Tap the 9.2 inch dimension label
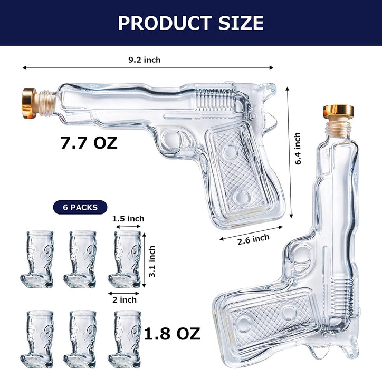pos(144,60)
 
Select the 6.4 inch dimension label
pos(298,149)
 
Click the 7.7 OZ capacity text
pos(89,143)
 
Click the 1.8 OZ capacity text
pos(172,333)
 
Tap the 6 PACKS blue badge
pos(80,207)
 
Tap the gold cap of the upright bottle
pos(338,111)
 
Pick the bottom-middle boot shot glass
pos(81,338)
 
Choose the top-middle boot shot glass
pos(81,259)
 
